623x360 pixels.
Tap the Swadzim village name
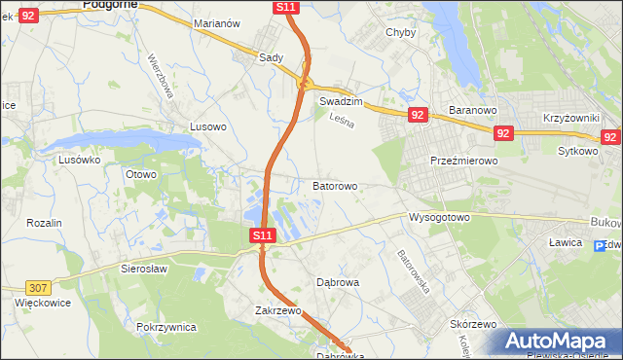341,101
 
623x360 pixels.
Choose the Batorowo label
335,185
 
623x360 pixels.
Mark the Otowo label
141,174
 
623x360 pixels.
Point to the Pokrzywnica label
167,327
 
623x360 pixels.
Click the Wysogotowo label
439,217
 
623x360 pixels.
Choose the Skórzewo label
474,324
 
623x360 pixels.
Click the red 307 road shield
38,287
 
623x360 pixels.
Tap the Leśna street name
340,122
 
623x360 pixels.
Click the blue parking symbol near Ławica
600,246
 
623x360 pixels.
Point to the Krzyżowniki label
569,117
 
